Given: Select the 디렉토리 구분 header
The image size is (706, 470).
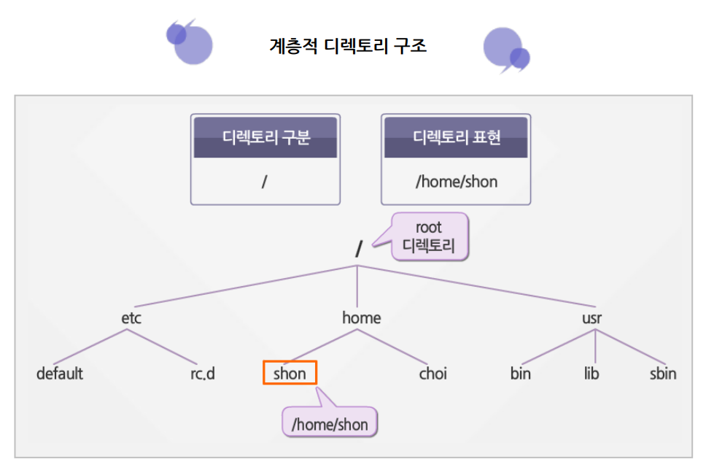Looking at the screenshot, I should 265,137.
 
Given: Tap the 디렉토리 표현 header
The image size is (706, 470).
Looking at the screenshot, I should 456,137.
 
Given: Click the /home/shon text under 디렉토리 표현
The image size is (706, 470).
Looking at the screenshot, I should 456,181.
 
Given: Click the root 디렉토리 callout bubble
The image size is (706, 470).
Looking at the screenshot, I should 429,237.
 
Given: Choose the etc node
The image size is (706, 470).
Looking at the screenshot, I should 131,318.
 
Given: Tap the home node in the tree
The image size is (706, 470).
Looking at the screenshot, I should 361,318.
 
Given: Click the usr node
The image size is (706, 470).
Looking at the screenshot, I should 592,318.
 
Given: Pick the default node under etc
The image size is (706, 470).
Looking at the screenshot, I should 60,374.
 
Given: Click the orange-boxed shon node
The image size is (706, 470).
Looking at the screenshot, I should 290,374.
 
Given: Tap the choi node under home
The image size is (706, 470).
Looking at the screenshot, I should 432,374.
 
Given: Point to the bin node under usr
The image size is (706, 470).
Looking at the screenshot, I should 520,374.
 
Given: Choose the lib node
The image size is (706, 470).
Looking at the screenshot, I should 591,374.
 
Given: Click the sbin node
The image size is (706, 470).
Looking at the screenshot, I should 662,374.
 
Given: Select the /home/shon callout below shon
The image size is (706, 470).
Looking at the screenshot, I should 330,423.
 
